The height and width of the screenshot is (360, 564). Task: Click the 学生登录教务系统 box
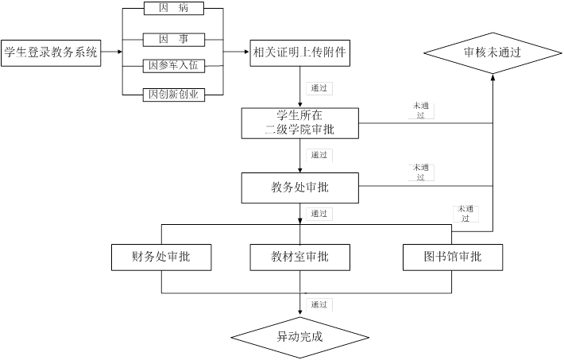coord(51,53)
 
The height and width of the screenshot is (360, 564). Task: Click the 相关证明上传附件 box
coord(299,53)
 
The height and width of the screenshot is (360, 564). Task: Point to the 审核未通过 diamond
coord(493,53)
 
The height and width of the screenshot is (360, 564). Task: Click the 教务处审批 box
coord(299,187)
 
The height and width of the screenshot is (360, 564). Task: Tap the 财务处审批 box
coord(161,257)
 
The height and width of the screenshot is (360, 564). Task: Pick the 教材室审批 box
coord(299,257)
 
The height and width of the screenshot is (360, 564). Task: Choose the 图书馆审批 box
coord(453,257)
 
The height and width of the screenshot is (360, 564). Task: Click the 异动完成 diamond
coord(299,335)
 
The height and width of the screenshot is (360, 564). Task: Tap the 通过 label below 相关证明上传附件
coord(319,88)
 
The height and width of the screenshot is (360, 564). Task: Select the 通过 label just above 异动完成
coord(319,304)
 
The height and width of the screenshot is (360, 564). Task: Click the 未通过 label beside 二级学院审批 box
coord(420,110)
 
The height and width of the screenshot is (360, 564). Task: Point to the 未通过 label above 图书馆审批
coord(465,213)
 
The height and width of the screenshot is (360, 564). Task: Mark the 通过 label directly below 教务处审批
coord(319,214)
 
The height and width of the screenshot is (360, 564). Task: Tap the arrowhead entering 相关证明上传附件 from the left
coord(245,53)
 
